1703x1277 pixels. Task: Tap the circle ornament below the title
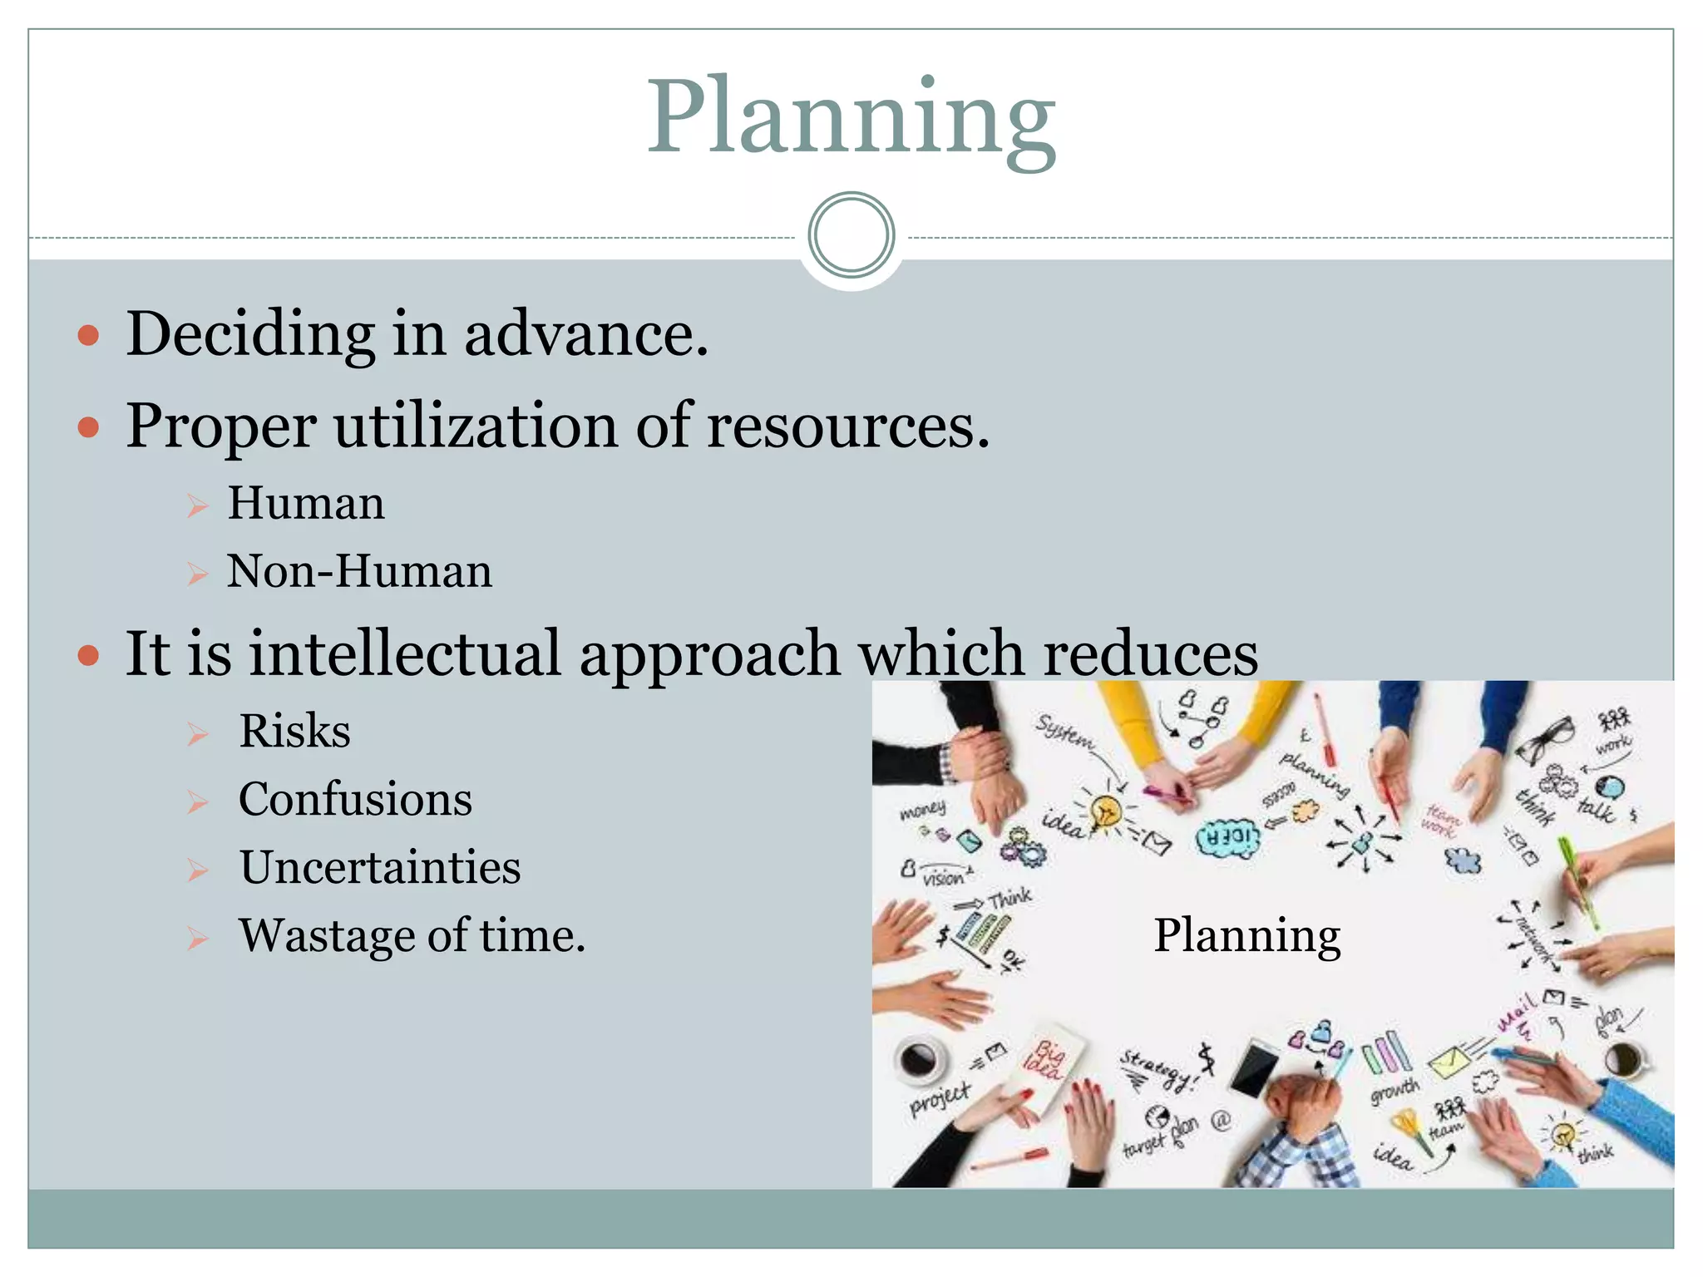pyautogui.click(x=851, y=235)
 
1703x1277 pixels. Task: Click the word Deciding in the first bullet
pyautogui.click(x=250, y=334)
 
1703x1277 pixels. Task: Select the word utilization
pyautogui.click(x=476, y=426)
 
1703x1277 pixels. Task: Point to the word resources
pyautogui.click(x=847, y=426)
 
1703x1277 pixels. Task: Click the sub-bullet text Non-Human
pyautogui.click(x=359, y=572)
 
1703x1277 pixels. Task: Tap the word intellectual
pyautogui.click(x=405, y=653)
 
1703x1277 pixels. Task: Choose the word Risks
pyautogui.click(x=294, y=732)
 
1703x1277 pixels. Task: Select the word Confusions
pyautogui.click(x=355, y=800)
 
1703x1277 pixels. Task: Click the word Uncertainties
pyautogui.click(x=380, y=868)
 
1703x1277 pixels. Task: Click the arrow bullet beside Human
pyautogui.click(x=197, y=505)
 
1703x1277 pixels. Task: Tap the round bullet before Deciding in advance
pyautogui.click(x=88, y=336)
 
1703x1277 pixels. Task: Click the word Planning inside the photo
pyautogui.click(x=1246, y=936)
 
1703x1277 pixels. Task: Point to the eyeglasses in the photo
pyautogui.click(x=1545, y=740)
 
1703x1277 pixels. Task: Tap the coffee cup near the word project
pyautogui.click(x=919, y=1059)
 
